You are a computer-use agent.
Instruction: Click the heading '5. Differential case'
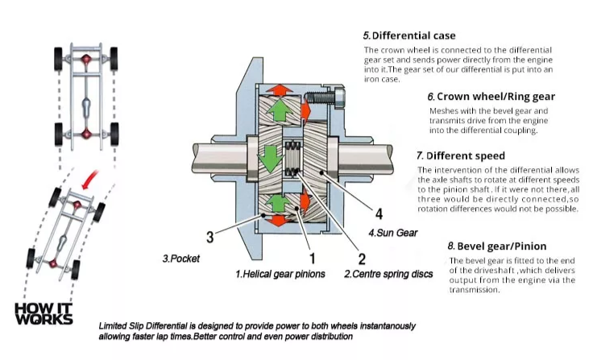coord(408,35)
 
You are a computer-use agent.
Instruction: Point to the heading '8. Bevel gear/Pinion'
coord(496,246)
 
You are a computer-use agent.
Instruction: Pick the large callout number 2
coord(362,259)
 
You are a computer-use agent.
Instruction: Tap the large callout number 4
coord(378,214)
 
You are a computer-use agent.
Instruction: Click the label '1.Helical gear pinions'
coord(280,275)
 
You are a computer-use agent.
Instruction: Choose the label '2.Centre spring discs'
coord(383,275)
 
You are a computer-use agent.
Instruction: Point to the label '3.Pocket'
coord(180,259)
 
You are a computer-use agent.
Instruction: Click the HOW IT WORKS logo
coord(44,312)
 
